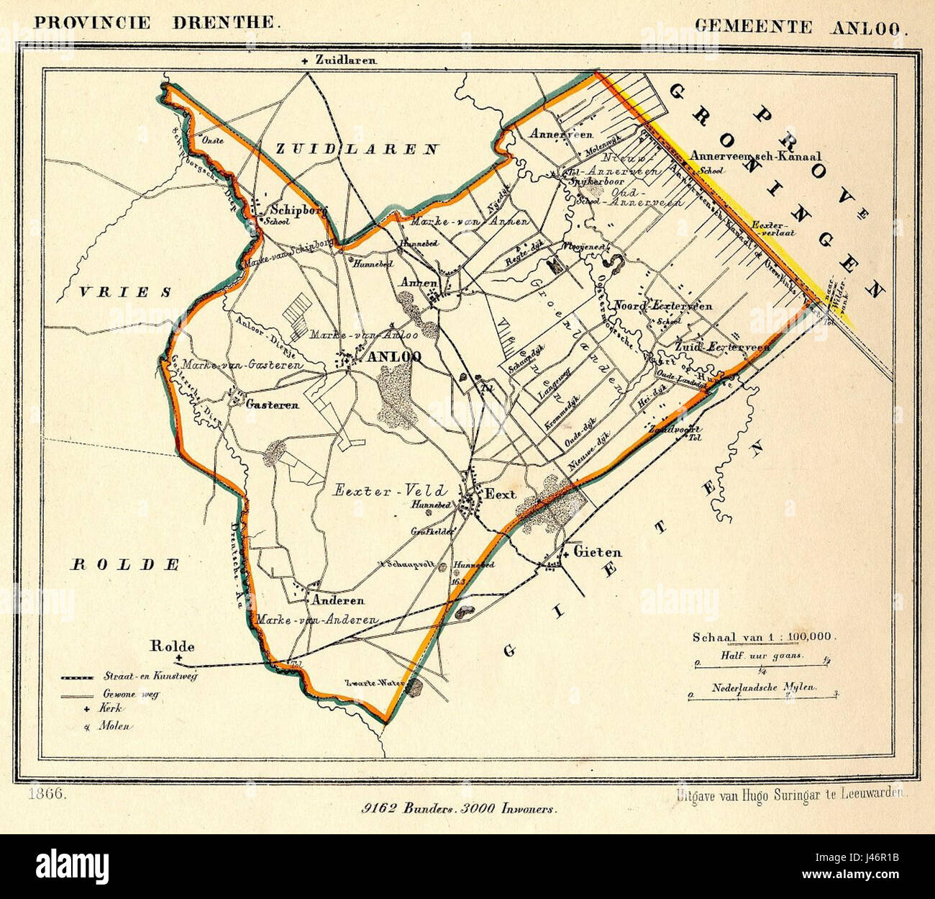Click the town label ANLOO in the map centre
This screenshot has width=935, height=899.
[x=393, y=357]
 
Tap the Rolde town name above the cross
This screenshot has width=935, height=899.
[x=172, y=646]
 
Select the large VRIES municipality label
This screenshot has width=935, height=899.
[x=125, y=292]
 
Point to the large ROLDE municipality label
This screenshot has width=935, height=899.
[x=124, y=564]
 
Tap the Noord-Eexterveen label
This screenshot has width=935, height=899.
[x=662, y=306]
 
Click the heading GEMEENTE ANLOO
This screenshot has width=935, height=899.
[x=801, y=27]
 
